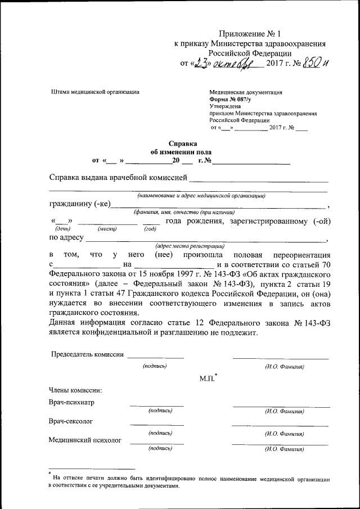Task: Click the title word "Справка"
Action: [x=183, y=143]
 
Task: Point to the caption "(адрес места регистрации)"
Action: [x=190, y=246]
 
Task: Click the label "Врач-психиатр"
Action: [x=71, y=403]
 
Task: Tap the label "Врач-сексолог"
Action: [x=71, y=421]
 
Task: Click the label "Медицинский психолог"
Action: [x=85, y=440]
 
